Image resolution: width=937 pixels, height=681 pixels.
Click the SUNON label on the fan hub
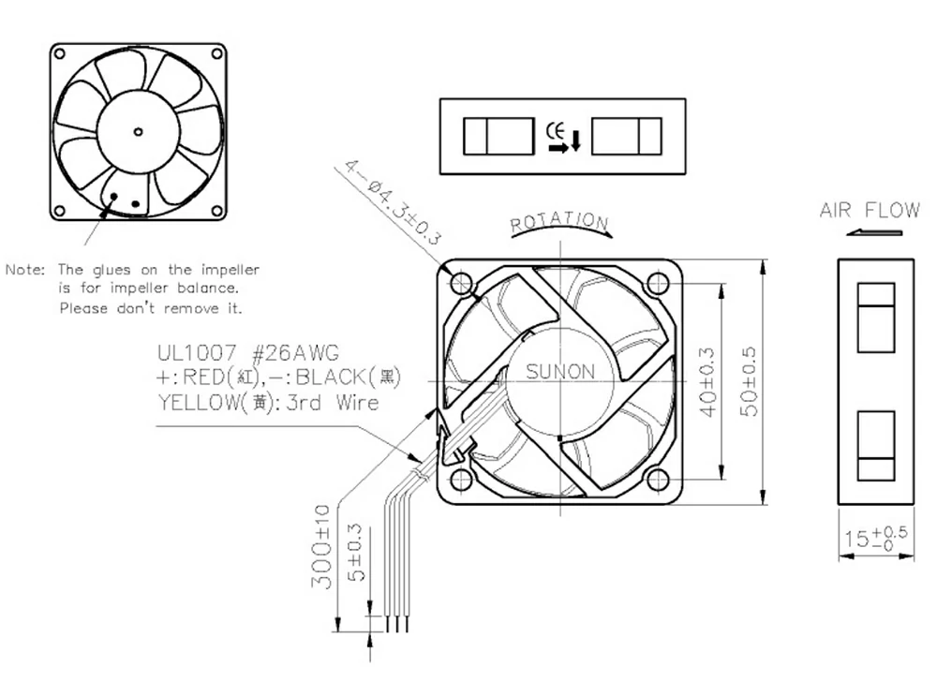tap(559, 372)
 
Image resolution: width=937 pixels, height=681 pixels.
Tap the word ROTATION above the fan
tap(559, 222)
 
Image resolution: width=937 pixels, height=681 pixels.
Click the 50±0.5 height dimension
tap(750, 382)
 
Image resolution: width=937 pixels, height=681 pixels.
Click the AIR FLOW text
tap(870, 209)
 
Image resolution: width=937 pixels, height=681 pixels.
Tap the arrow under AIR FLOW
tap(860, 232)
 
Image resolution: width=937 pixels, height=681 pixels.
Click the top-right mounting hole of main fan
tap(658, 282)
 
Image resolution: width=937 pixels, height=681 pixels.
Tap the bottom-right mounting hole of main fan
tap(658, 481)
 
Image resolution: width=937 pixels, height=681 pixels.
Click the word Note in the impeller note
tap(26, 270)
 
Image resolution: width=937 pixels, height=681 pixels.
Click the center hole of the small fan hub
tap(138, 130)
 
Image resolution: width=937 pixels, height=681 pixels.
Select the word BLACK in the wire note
tap(334, 378)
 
